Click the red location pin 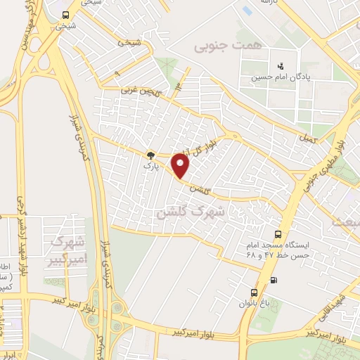pos(181,166)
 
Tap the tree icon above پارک pos(150,155)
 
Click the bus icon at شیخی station pos(65,14)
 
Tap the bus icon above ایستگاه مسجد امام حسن pos(278,235)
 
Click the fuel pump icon pos(274,280)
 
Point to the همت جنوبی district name pos(219,46)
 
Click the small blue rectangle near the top pos(247,11)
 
